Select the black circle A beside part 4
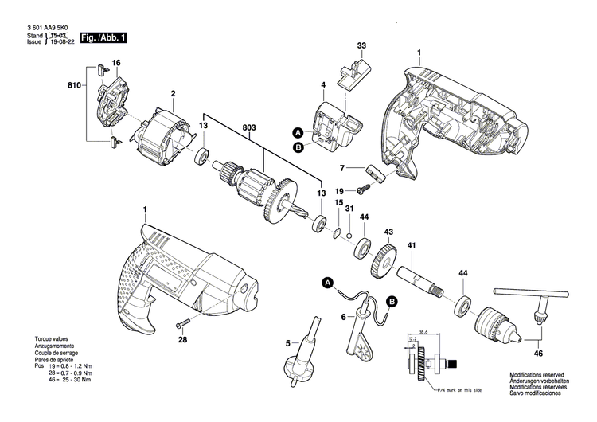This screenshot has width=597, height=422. tap(298, 132)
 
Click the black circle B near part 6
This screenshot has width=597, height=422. tap(392, 300)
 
